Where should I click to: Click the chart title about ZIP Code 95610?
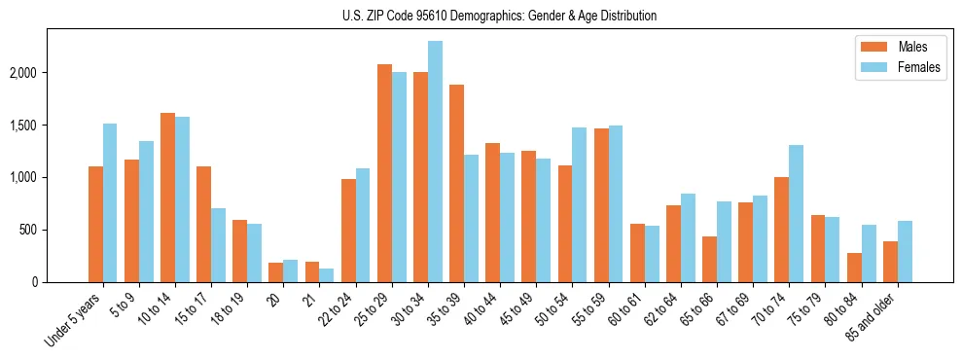tap(499, 16)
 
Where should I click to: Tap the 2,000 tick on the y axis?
tap(22, 73)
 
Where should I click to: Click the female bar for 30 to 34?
tap(435, 162)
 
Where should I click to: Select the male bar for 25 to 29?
tap(384, 173)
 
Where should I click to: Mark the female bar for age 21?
tap(327, 275)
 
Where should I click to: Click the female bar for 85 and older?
tap(905, 251)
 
